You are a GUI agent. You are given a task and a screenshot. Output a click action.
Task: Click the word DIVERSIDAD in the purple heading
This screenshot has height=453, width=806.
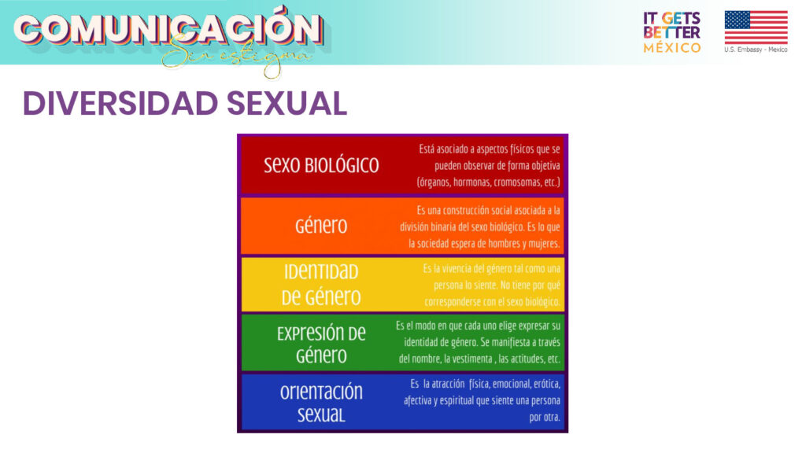click(x=120, y=103)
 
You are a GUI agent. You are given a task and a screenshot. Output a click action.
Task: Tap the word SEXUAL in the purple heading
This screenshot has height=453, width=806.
click(x=287, y=103)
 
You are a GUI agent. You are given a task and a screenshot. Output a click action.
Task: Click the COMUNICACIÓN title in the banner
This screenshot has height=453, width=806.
click(x=168, y=28)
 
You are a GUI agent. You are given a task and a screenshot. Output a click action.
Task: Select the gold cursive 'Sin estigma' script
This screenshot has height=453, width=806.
click(x=236, y=57)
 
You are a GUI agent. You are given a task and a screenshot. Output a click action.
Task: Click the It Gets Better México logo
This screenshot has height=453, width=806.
click(x=672, y=32)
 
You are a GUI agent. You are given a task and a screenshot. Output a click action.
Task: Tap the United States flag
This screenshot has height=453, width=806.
click(x=756, y=28)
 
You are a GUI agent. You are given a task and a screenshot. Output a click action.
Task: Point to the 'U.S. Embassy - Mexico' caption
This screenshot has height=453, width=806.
click(x=756, y=50)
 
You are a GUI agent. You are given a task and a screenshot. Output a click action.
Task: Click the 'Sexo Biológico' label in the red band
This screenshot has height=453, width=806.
click(x=321, y=165)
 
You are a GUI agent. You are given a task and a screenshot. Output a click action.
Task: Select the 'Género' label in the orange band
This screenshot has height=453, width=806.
click(x=321, y=226)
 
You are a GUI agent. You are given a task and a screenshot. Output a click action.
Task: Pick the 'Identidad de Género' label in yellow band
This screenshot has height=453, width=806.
click(x=321, y=284)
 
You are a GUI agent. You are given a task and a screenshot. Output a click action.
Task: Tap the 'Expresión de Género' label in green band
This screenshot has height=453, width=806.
click(x=321, y=344)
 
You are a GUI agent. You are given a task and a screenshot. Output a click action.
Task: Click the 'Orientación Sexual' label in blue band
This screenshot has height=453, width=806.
click(x=321, y=403)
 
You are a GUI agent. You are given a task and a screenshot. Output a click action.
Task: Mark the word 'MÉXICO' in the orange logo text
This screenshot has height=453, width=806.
click(x=672, y=48)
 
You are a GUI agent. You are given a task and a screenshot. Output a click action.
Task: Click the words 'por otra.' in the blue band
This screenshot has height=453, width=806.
click(x=545, y=417)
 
